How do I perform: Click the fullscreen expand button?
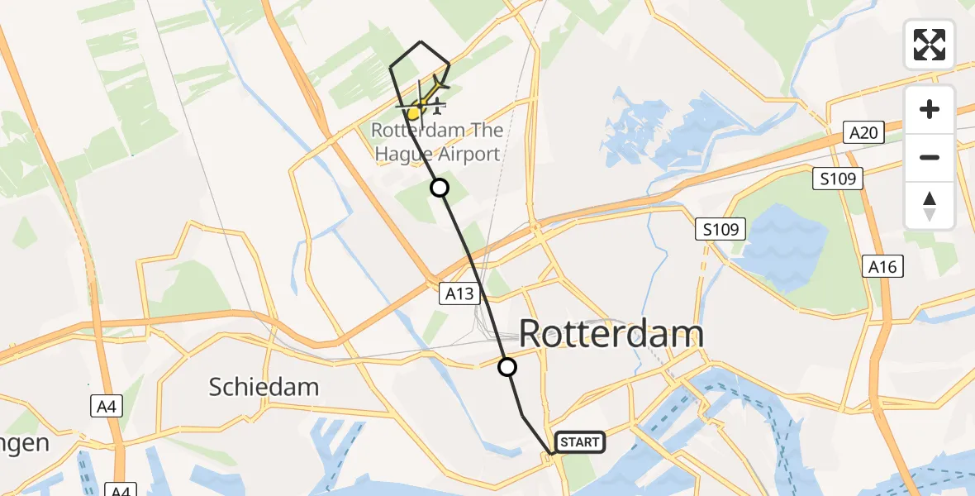click(930, 45)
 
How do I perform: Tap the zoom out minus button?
click(930, 158)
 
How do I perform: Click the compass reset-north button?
click(930, 206)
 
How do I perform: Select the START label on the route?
click(580, 442)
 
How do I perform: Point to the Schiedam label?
click(264, 387)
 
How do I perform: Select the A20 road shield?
click(864, 132)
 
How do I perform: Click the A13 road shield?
click(460, 293)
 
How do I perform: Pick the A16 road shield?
click(882, 266)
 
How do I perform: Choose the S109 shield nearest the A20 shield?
click(837, 178)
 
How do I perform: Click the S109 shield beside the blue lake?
click(721, 229)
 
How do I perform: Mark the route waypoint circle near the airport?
click(440, 188)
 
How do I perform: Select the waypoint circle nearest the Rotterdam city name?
click(507, 367)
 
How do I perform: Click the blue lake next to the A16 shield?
click(785, 240)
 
